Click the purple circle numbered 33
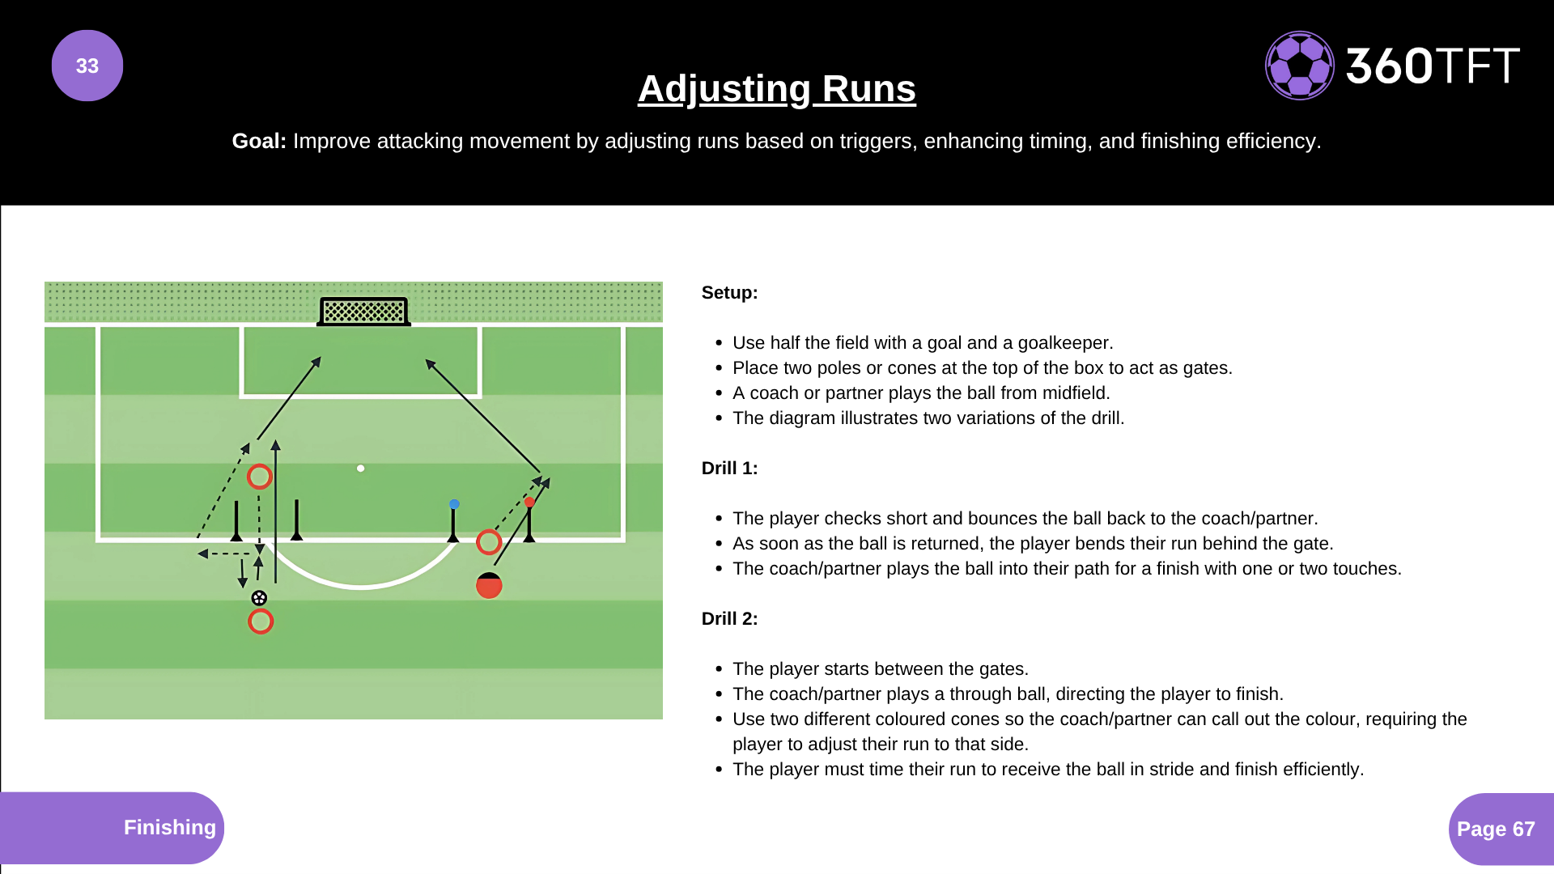[x=87, y=66]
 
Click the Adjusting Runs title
[x=776, y=89]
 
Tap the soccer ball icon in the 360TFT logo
[x=1299, y=66]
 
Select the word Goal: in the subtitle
[x=259, y=141]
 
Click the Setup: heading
[x=729, y=293]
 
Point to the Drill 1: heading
[x=729, y=469]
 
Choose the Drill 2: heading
[x=729, y=619]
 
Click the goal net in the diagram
[x=363, y=311]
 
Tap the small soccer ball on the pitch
[x=259, y=598]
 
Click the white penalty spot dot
[x=361, y=469]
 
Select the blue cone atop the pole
[x=454, y=504]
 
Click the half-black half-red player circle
[x=489, y=585]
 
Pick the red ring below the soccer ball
[x=261, y=622]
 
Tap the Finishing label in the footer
[x=169, y=827]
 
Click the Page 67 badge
[x=1495, y=829]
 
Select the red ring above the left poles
[x=259, y=477]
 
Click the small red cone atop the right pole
[x=529, y=503]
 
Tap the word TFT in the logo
[x=1477, y=66]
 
